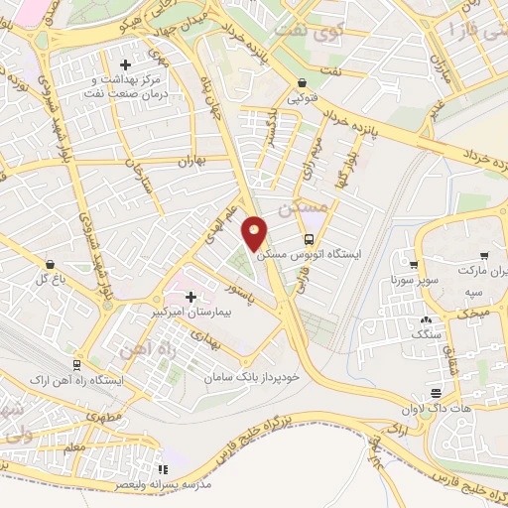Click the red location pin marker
tap(256, 234)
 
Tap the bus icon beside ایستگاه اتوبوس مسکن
tap(309, 240)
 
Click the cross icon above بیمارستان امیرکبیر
tap(190, 297)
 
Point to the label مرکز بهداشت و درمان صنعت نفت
tap(125, 85)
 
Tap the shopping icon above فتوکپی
tap(301, 83)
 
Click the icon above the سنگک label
tap(426, 320)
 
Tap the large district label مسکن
tap(303, 208)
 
